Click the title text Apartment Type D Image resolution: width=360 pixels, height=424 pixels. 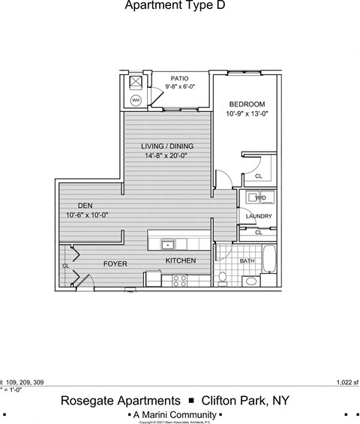coord(173,6)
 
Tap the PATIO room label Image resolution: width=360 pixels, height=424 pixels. coord(178,78)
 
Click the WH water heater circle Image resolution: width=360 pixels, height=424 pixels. coord(136,100)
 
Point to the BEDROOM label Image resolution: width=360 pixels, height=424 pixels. coord(246,104)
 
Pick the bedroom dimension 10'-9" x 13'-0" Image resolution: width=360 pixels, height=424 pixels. coord(246,114)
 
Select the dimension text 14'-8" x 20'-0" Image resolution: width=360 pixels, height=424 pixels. coord(166,156)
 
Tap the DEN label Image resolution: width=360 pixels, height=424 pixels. coord(85,205)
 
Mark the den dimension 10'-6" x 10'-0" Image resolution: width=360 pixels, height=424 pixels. coord(87,215)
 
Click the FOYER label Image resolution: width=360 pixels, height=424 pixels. coord(115,264)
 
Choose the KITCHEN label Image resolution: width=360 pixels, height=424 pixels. coord(181,261)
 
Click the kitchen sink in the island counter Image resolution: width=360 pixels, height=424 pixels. coord(168,243)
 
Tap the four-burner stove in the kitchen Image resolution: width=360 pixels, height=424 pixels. coord(180,281)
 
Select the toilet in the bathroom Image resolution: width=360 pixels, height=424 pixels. coord(223,278)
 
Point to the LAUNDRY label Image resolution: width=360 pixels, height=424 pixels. coord(258,217)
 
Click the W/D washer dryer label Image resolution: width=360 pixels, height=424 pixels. coord(260,197)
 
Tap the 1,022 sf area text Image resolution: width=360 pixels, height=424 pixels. coord(346,382)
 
